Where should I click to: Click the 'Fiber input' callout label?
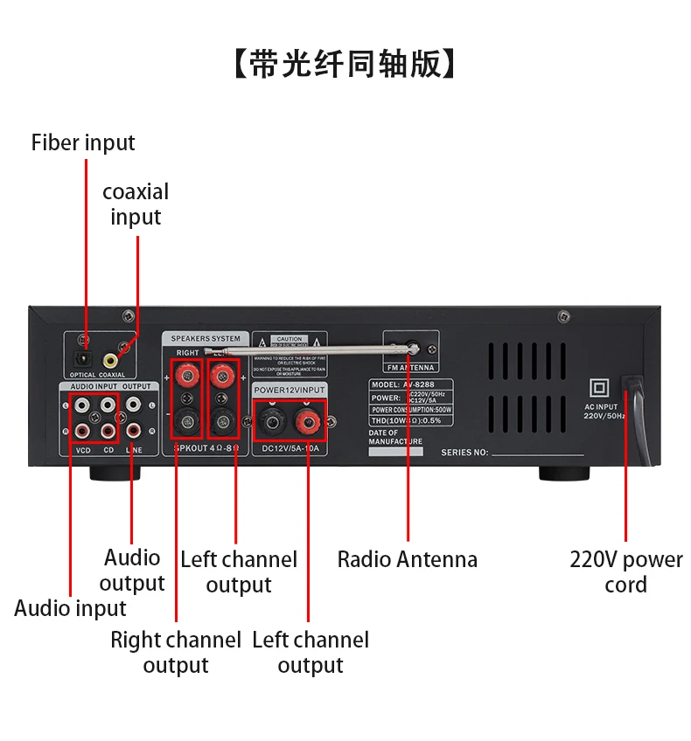tap(83, 142)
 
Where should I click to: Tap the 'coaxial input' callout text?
tap(136, 204)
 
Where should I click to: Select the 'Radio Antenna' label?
tap(408, 559)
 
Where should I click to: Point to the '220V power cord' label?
tap(626, 571)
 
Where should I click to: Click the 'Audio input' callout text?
tap(70, 608)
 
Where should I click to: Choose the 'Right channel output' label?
tap(176, 652)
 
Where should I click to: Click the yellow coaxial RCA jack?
tap(111, 358)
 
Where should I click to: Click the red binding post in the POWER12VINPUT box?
tap(306, 421)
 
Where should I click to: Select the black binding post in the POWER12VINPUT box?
tap(271, 421)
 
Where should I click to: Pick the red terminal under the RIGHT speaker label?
tap(186, 377)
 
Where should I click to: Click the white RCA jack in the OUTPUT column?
tap(133, 405)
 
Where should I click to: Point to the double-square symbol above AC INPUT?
tap(600, 387)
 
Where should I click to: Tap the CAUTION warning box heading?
tap(290, 339)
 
